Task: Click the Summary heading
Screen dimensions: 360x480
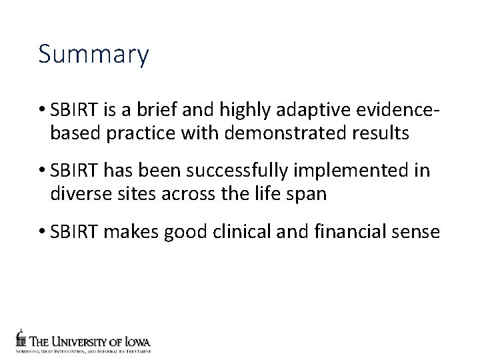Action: pyautogui.click(x=93, y=55)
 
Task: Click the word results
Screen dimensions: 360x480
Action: pyautogui.click(x=379, y=133)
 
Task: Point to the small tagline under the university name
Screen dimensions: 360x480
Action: pyautogui.click(x=83, y=351)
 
